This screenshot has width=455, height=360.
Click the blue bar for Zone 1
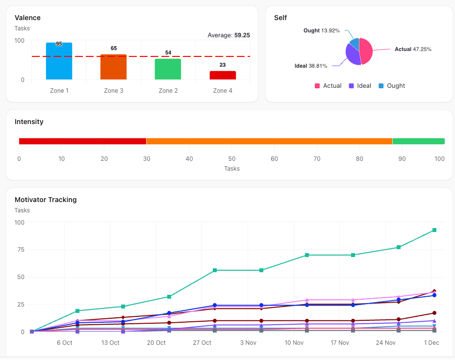tap(59, 61)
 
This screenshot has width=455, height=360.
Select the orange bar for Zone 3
tap(113, 67)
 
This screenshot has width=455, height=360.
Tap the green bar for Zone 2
tap(168, 69)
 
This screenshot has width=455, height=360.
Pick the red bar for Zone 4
tap(223, 76)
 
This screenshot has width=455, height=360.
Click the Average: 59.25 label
tap(229, 35)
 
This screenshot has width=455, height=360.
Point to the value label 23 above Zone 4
tap(223, 65)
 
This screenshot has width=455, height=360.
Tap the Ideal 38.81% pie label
tap(312, 66)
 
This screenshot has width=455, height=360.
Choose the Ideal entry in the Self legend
tap(359, 86)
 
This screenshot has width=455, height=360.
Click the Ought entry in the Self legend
tap(391, 86)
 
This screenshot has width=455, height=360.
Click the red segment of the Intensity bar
tap(82, 141)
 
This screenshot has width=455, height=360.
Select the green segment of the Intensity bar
tap(418, 141)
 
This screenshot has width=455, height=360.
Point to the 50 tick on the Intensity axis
tap(232, 159)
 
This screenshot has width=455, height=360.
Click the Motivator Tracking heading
tap(46, 200)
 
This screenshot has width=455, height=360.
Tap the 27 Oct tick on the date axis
tap(202, 343)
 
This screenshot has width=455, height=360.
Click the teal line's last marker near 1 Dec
tap(434, 230)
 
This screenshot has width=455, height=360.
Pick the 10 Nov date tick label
tap(294, 343)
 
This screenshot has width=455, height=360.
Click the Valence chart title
tap(27, 18)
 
